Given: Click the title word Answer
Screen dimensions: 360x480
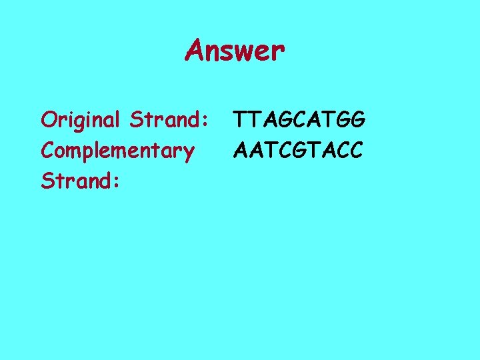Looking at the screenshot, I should click(235, 50).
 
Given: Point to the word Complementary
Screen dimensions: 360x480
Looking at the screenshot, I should click(117, 151).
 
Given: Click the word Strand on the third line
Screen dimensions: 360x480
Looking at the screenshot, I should click(77, 181).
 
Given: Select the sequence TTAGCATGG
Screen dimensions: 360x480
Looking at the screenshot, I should click(299, 120).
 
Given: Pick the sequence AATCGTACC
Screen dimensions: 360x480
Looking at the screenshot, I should click(298, 151).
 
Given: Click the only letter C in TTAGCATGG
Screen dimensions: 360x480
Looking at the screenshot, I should click(293, 120).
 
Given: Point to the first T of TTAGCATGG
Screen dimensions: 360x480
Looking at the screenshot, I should click(240, 120).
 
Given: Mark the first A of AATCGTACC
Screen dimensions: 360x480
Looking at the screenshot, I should click(241, 151).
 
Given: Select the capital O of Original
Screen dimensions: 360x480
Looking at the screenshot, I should click(48, 120).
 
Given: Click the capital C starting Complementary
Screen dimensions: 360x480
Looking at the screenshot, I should click(48, 151).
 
